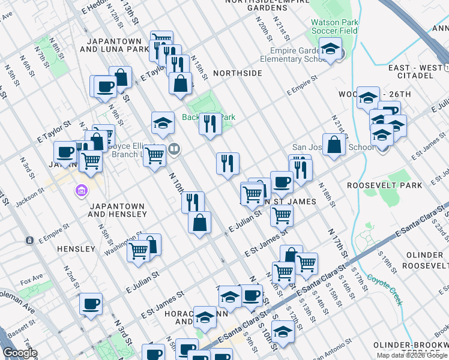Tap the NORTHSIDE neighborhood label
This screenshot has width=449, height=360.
click(x=238, y=73)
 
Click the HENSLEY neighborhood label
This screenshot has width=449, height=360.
click(x=76, y=248)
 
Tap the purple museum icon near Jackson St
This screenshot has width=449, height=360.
click(x=80, y=191)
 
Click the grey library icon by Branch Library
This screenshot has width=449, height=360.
click(x=174, y=148)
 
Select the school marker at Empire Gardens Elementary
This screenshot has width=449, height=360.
click(x=330, y=49)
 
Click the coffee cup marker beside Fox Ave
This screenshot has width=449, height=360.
click(x=91, y=304)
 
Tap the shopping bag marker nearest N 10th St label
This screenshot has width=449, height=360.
click(x=199, y=223)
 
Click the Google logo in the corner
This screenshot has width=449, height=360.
click(x=20, y=353)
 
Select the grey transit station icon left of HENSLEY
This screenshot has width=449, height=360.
click(x=29, y=240)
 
